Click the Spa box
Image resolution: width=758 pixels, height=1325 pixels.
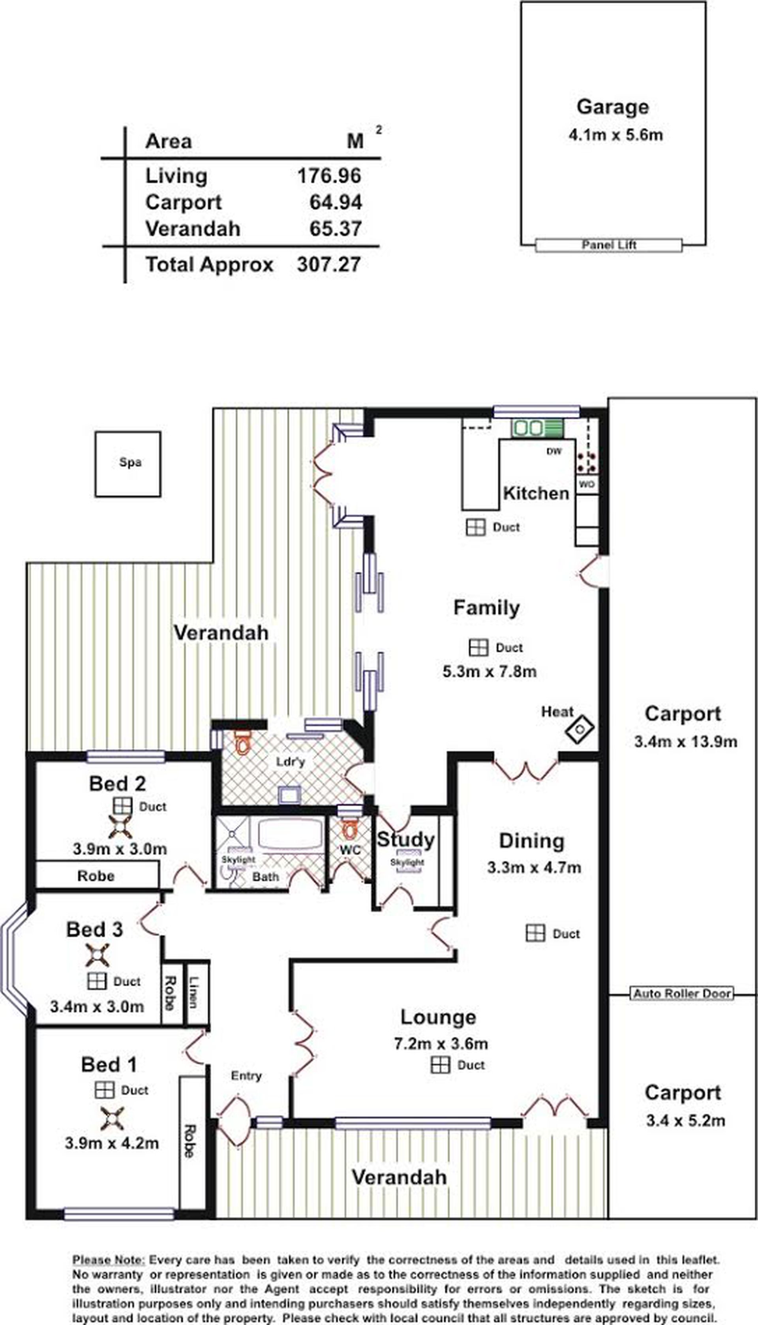pos(128,464)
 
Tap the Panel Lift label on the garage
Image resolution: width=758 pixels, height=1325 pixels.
pos(609,245)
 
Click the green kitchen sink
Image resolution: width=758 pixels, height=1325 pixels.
pos(537,428)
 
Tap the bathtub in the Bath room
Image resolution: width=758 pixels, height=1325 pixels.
pos(291,834)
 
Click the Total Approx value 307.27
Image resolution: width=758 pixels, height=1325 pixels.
pos(329,265)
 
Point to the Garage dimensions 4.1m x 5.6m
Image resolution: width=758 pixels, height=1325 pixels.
pos(615,135)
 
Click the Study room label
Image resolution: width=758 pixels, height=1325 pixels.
pos(405,840)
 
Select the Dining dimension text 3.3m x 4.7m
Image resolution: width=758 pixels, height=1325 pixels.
pos(534,868)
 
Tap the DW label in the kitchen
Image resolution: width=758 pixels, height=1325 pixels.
pos(554,451)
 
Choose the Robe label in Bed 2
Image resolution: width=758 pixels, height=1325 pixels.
pos(96,876)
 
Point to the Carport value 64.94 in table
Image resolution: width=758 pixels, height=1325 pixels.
pos(336,202)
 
